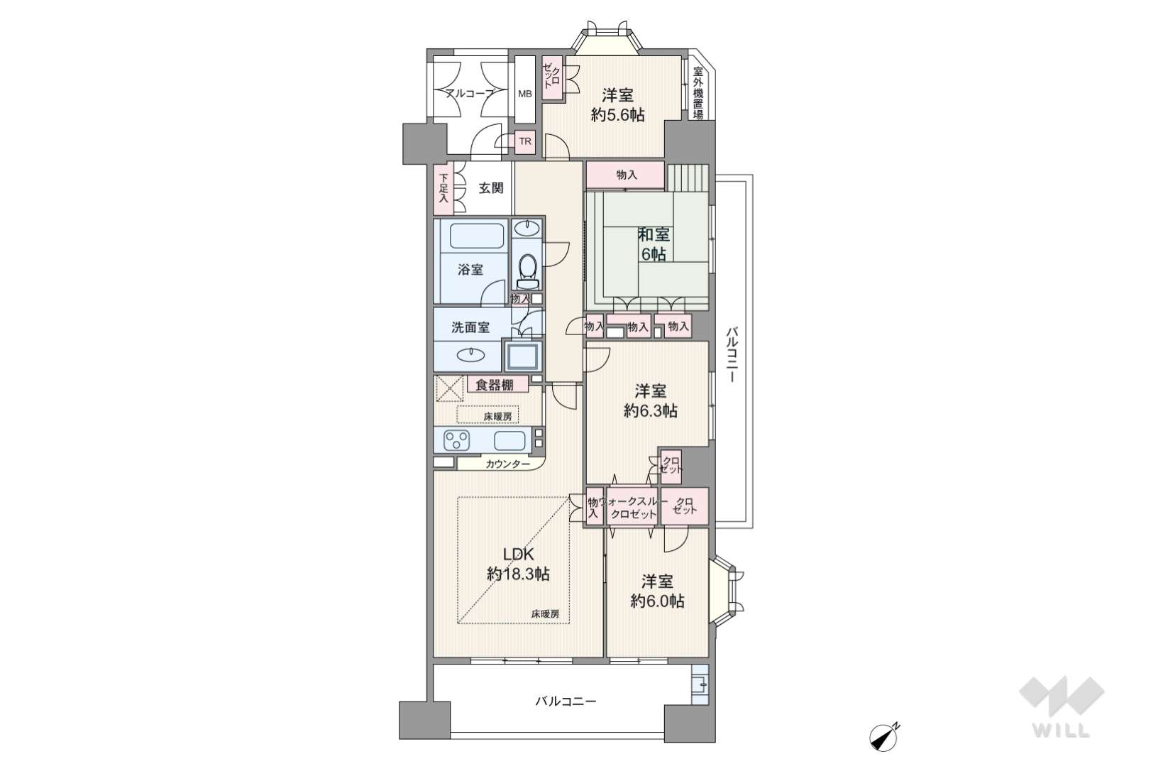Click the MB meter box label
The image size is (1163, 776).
[525, 94]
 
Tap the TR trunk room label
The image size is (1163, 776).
[525, 141]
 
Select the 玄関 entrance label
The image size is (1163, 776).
[490, 188]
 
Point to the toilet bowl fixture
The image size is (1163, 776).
[527, 270]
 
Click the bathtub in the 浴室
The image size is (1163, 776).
[477, 236]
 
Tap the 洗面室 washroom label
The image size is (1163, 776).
[470, 328]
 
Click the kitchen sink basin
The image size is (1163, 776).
[509, 440]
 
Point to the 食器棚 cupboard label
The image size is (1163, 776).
[495, 385]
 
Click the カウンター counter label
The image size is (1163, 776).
[508, 464]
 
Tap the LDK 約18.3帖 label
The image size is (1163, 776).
[518, 564]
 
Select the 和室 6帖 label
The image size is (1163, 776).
[654, 244]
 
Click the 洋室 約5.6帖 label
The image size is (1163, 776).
[618, 105]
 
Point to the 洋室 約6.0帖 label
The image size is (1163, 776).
[657, 591]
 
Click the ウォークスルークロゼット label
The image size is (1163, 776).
[633, 508]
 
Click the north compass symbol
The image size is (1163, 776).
[883, 737]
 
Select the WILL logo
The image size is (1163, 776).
[1062, 706]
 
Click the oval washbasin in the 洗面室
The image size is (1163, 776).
[470, 355]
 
